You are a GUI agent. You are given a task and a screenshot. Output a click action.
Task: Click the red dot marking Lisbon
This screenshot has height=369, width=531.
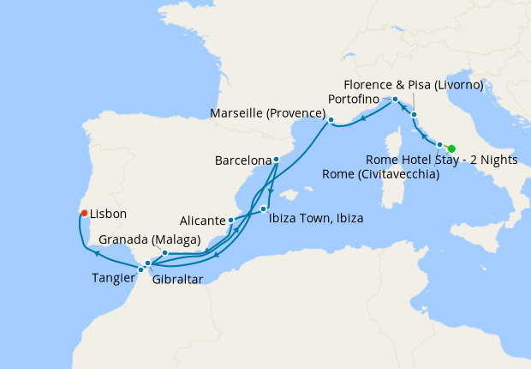84,213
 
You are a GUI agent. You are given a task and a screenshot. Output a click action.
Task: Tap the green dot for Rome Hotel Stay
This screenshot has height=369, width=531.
451,148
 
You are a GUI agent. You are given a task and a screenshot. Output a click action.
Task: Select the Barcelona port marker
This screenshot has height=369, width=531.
276,159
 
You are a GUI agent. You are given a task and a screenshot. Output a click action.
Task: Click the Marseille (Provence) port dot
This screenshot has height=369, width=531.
331,120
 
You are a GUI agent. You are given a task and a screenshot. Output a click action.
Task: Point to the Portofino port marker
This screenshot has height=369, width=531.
396,100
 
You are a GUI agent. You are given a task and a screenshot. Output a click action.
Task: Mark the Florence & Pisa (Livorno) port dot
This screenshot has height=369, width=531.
414,114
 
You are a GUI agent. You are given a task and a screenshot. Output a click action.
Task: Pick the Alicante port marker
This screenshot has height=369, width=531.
231,221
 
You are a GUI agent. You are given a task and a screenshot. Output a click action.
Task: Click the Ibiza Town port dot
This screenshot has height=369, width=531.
264,209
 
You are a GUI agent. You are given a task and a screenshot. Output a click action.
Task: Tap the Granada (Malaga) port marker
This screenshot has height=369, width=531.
164,253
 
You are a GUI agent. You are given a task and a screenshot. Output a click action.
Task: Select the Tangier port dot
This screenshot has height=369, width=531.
140,269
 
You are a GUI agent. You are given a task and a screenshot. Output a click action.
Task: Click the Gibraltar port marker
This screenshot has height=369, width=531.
148,263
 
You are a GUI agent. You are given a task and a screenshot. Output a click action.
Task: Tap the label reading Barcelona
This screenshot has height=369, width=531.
242,160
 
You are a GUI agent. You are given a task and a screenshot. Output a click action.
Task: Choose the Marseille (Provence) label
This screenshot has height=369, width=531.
268,114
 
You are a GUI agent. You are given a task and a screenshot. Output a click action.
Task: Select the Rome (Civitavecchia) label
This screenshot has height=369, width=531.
382,175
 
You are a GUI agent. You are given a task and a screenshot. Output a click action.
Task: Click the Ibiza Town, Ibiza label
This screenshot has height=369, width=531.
316,218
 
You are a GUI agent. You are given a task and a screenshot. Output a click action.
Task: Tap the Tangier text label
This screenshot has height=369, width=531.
114,277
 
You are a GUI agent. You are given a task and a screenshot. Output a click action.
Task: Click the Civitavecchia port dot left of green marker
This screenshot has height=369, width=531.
439,145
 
